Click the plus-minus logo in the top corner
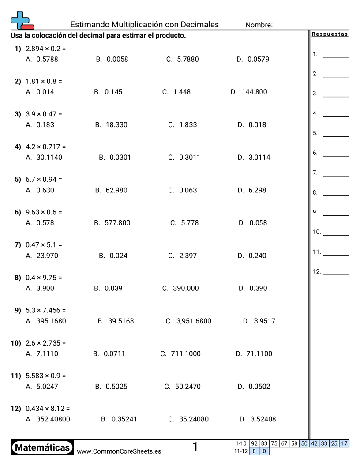click(22, 20)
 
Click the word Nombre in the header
click(259, 25)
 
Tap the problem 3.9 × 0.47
click(44, 114)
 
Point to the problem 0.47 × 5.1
click(44, 244)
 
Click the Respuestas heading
click(330, 34)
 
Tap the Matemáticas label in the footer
click(42, 448)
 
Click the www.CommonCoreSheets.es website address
click(119, 451)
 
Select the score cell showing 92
click(254, 443)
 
